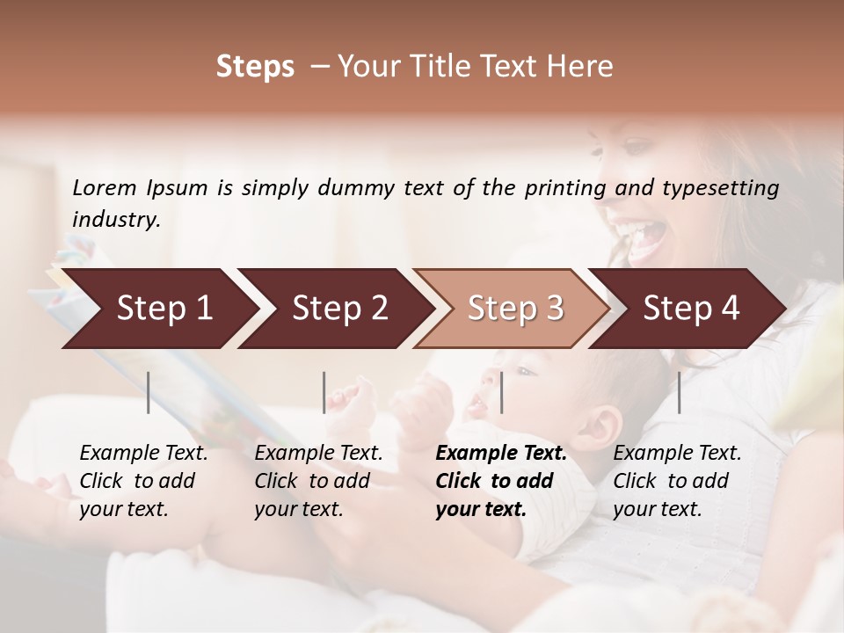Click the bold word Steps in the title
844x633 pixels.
pos(255,67)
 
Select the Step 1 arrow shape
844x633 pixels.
pos(158,308)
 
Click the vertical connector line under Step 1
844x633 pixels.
pos(149,392)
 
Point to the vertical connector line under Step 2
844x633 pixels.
pos(324,392)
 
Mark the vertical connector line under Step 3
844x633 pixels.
pos(502,392)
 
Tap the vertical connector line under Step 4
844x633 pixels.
pos(679,392)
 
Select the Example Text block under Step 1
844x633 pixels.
pos(143,481)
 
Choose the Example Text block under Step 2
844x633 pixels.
pos(318,481)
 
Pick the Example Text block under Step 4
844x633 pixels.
pos(677,481)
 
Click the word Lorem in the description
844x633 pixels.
pos(105,187)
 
